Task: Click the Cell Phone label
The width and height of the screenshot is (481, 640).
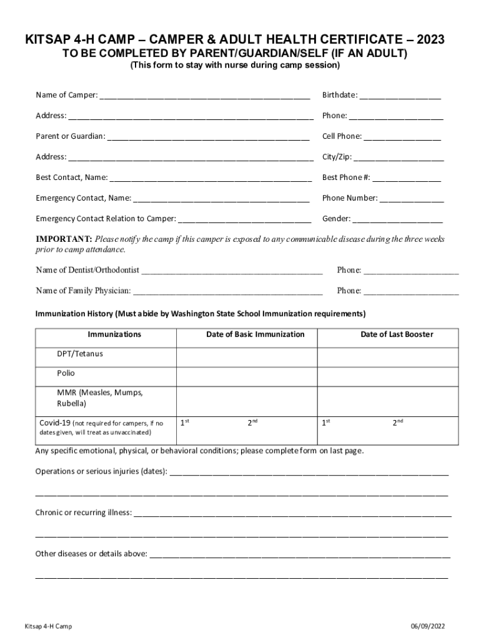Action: click(x=342, y=136)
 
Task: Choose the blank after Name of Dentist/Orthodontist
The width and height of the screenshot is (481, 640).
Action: click(x=232, y=271)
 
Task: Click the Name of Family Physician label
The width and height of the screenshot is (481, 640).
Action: click(x=83, y=291)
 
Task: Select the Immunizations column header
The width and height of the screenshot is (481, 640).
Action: click(x=114, y=334)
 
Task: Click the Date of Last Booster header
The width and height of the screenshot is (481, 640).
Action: click(x=397, y=334)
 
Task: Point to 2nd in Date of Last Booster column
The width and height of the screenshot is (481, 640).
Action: click(x=397, y=423)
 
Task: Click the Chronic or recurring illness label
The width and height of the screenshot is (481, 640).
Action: click(x=84, y=512)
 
